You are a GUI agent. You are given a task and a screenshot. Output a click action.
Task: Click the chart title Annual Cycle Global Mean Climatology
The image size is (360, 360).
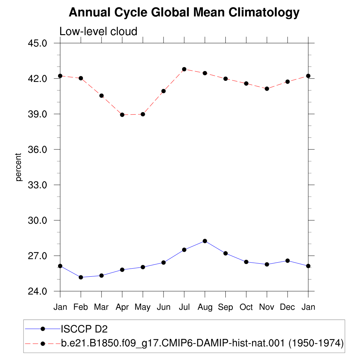point(184,12)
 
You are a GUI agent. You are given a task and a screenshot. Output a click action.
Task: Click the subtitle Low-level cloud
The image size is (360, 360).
point(98,31)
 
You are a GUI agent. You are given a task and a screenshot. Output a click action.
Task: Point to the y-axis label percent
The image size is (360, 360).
point(18,167)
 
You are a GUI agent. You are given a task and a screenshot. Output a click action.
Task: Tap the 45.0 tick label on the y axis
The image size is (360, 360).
point(37,43)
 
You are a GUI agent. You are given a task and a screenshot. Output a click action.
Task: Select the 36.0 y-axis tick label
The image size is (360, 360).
point(37,149)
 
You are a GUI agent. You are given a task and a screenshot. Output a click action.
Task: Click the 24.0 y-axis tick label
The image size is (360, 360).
point(37,291)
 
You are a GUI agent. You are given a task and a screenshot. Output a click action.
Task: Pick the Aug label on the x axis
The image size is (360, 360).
point(205,307)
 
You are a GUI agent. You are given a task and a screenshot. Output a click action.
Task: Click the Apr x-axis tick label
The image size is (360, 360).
point(122,307)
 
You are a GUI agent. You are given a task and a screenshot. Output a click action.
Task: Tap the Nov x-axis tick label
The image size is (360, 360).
point(266,307)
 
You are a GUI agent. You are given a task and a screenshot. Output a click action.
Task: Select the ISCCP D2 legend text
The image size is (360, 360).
point(84,329)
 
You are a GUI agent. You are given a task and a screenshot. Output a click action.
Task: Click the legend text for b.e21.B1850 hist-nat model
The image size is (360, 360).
point(202,343)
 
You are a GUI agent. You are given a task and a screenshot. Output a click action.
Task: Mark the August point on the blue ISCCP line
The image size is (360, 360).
point(205,241)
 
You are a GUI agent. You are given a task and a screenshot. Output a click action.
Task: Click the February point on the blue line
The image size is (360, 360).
point(81,277)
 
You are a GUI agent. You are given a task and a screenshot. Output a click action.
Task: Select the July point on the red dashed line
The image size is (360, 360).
point(184,69)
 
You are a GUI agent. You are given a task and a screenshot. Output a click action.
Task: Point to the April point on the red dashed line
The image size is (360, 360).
point(122,115)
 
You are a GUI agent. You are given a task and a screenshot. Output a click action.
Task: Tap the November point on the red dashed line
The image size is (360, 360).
point(267,89)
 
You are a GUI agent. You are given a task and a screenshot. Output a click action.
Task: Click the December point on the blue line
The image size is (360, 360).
point(288,261)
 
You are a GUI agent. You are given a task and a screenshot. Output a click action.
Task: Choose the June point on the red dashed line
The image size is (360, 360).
point(163,91)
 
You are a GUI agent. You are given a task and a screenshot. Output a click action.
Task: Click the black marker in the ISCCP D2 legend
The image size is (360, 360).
point(43,329)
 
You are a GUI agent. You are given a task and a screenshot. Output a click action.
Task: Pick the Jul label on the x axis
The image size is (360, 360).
point(184,307)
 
